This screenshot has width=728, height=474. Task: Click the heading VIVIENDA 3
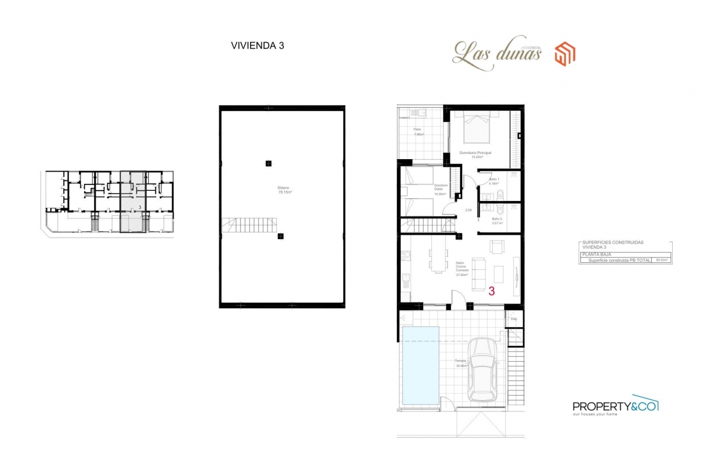(x=257, y=46)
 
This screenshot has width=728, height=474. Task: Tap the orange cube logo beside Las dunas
(x=564, y=55)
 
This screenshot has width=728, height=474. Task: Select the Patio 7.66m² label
(x=418, y=132)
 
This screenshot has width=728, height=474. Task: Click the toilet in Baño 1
(x=501, y=195)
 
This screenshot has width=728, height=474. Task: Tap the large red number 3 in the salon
(x=491, y=292)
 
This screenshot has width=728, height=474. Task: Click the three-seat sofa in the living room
(x=479, y=273)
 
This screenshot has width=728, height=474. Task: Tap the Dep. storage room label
(x=514, y=319)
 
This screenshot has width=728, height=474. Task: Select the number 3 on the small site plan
(x=139, y=208)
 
